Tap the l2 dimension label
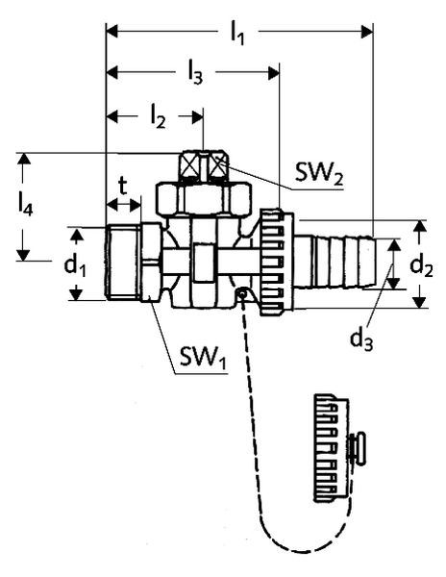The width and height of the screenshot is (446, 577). click(x=158, y=118)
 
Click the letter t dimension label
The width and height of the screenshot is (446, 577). click(x=122, y=187)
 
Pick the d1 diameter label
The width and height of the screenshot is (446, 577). click(x=75, y=265)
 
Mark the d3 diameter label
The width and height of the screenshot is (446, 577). click(x=361, y=339)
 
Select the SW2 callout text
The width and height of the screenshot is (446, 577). click(x=319, y=173)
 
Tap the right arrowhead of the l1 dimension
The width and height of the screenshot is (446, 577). click(x=367, y=32)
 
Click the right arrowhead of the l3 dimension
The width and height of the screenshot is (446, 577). click(x=274, y=73)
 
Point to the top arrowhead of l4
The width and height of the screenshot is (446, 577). click(x=23, y=159)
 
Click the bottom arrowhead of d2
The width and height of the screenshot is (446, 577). click(x=419, y=302)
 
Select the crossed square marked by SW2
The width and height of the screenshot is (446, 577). click(x=218, y=166)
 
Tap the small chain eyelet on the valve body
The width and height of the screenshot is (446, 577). click(x=241, y=294)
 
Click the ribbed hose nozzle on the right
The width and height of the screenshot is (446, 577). click(x=335, y=261)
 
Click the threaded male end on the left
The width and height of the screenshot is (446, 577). click(x=123, y=263)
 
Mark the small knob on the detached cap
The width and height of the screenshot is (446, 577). click(x=359, y=448)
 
